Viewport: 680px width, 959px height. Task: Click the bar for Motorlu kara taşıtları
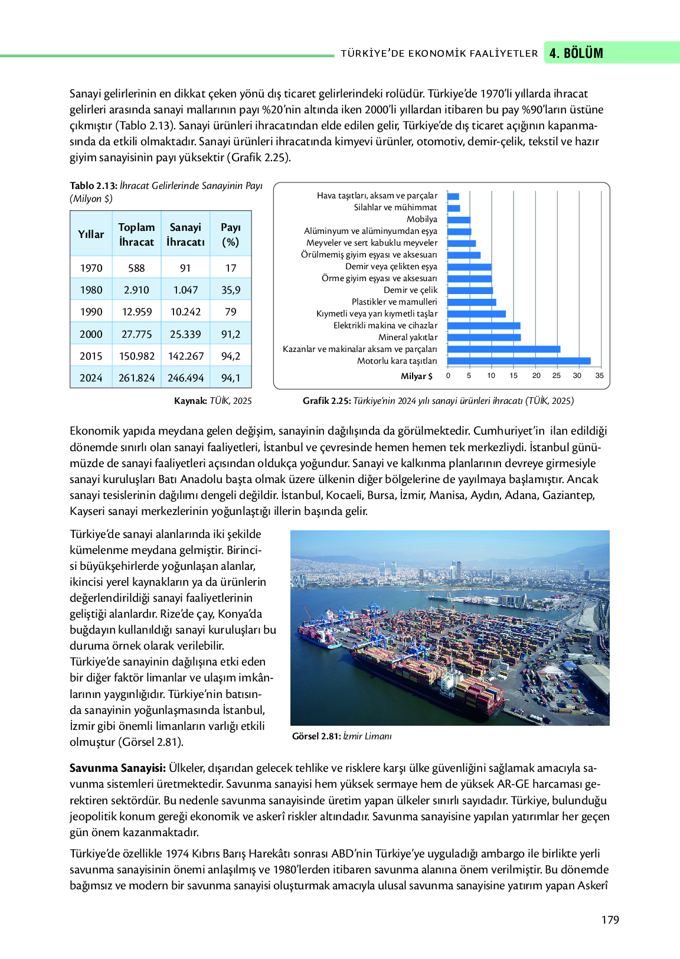(x=518, y=361)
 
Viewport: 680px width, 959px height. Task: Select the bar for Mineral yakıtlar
(x=484, y=337)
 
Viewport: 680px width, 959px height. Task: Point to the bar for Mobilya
(x=459, y=220)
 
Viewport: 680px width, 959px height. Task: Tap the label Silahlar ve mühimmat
(x=395, y=207)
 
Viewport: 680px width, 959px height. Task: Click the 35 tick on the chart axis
(x=599, y=376)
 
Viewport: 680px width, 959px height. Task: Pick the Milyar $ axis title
(x=416, y=376)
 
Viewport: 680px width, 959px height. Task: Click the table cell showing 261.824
(x=136, y=378)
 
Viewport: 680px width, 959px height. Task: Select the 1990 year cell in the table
(x=91, y=312)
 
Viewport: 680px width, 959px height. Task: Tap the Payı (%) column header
(x=230, y=234)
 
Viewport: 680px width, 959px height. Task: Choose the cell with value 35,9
(x=230, y=290)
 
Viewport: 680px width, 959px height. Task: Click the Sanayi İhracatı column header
(x=185, y=234)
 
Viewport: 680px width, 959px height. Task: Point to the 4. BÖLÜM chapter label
(x=576, y=53)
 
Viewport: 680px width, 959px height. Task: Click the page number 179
(x=610, y=919)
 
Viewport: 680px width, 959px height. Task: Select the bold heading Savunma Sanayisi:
(x=117, y=768)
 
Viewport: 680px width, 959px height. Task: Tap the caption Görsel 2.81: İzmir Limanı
(x=341, y=736)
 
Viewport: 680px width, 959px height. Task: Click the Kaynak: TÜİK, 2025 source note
(x=212, y=401)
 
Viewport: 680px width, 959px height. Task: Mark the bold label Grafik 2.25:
(x=326, y=401)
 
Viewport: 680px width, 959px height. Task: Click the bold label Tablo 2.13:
(x=93, y=186)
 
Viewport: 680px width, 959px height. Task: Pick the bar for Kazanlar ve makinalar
(x=504, y=349)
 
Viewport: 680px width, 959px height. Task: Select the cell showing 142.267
(x=185, y=356)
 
